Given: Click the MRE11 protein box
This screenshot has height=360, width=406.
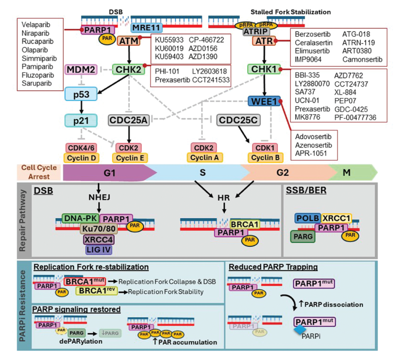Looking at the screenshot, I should coord(146,27).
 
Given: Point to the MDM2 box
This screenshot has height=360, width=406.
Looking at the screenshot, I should coord(81,70).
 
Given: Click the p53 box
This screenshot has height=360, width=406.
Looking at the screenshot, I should coord(81,94).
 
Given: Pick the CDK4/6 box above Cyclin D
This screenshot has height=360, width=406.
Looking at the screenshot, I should coord(81,148).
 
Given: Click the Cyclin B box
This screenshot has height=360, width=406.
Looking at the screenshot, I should coord(266,158).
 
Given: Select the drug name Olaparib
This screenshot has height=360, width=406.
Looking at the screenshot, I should coord(35,50).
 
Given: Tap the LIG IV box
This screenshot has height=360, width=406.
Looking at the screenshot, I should coord(99,249).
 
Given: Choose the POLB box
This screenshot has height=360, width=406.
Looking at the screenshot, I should coord(307,218).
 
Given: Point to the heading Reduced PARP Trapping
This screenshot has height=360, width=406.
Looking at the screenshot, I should coord(273,267).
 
